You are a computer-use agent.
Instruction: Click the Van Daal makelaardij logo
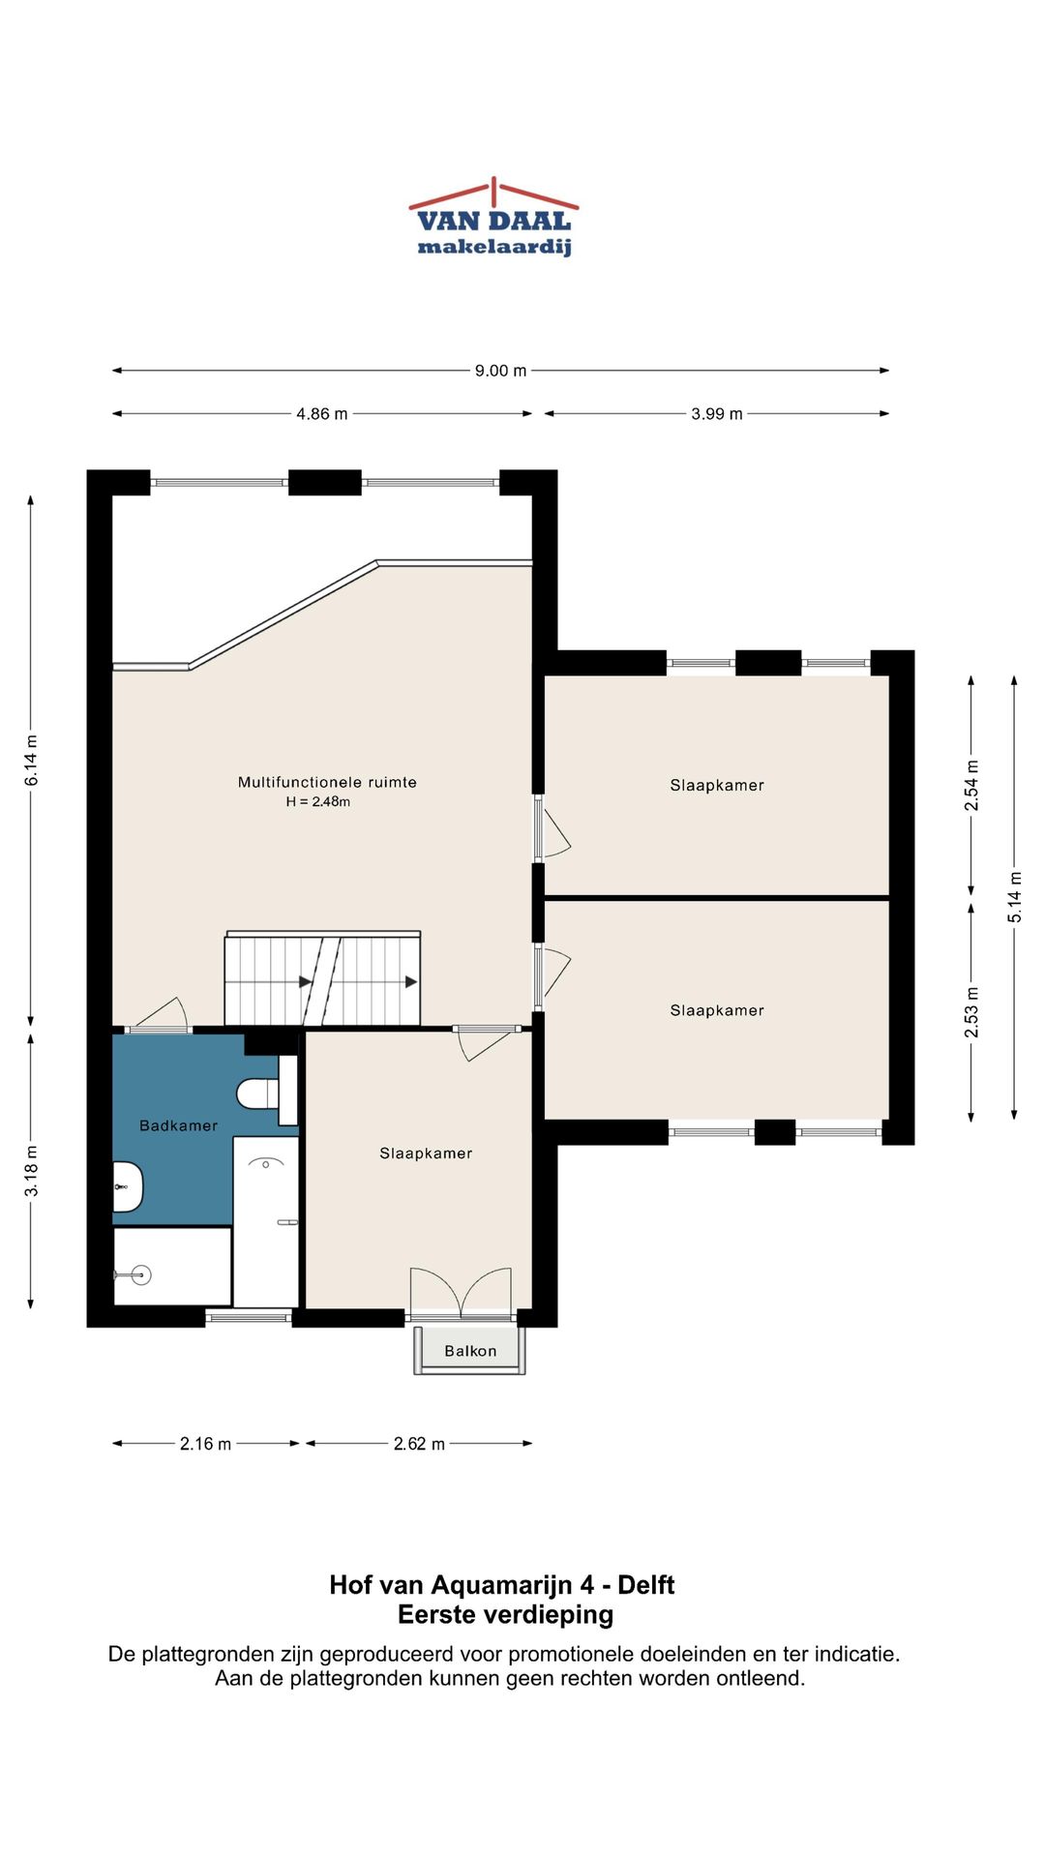click(x=493, y=217)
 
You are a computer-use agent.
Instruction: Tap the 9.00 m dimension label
click(x=500, y=371)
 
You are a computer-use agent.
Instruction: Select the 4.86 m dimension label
click(x=321, y=414)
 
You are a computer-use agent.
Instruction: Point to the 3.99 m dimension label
click(x=716, y=414)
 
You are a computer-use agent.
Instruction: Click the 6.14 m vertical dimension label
click(x=32, y=761)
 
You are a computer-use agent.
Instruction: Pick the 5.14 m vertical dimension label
click(x=1015, y=897)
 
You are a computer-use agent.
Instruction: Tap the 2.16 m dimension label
click(x=205, y=1444)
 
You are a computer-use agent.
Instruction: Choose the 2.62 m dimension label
click(x=419, y=1444)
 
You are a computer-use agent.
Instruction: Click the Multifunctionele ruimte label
click(x=327, y=782)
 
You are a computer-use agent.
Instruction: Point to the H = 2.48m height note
click(x=317, y=801)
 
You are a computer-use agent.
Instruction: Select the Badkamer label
click(x=178, y=1125)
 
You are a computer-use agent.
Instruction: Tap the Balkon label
click(x=470, y=1351)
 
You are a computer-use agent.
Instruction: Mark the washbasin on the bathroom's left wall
click(x=128, y=1186)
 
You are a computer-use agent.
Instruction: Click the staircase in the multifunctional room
click(x=322, y=978)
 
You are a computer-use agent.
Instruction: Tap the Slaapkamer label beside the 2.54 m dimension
click(x=717, y=785)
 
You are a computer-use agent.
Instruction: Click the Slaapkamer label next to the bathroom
click(x=426, y=1153)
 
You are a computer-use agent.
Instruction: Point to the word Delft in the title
click(x=645, y=1585)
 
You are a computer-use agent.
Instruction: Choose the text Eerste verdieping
click(x=505, y=1614)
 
